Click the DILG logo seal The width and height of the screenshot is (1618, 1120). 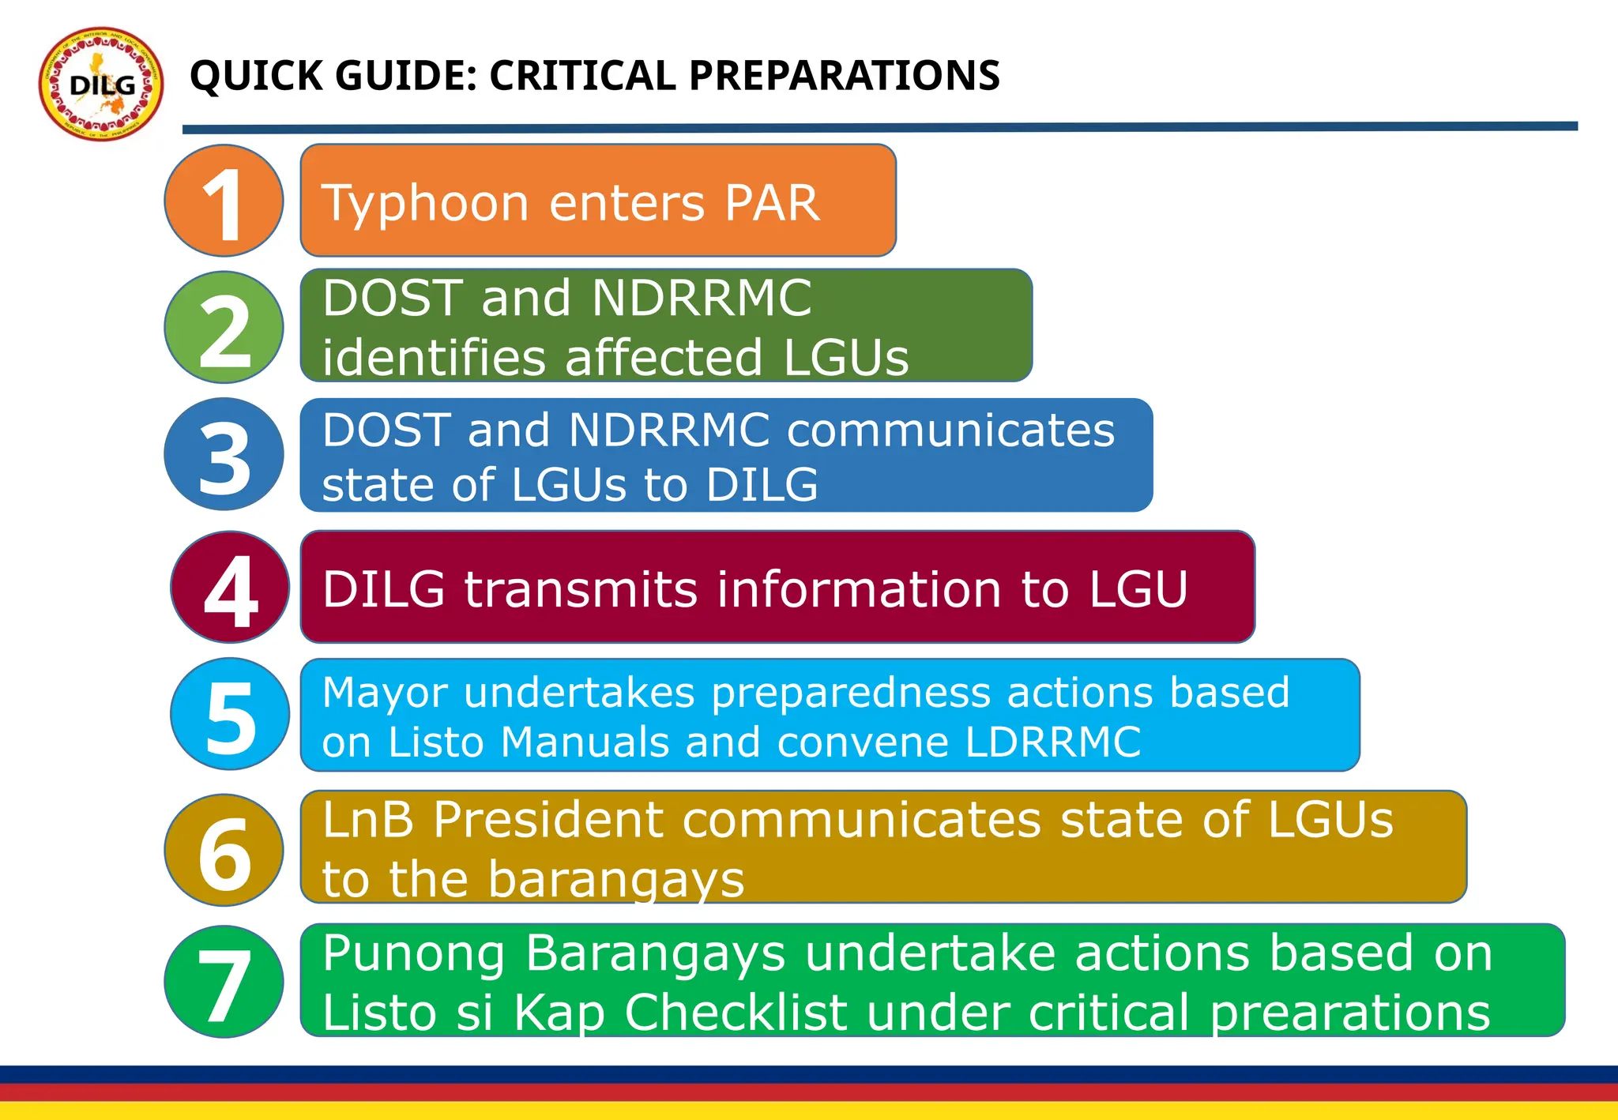(101, 84)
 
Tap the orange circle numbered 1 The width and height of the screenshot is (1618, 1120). (224, 201)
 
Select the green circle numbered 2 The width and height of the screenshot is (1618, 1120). (224, 327)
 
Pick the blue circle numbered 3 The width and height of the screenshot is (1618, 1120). (224, 454)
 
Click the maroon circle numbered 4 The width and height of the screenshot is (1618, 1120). (230, 587)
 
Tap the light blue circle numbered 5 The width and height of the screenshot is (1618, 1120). (230, 714)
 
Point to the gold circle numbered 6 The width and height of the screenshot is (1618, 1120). (224, 850)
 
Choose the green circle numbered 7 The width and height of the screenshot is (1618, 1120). (224, 982)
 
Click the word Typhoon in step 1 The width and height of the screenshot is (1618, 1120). (425, 204)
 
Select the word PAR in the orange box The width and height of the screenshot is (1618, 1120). (772, 202)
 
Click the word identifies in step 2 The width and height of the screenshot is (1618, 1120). (434, 357)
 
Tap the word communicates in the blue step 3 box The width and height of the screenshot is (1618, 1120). (950, 430)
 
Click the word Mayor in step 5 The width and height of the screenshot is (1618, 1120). (385, 693)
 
